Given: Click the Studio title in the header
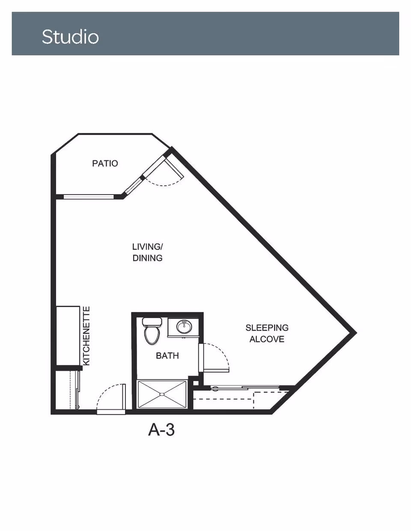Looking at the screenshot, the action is coord(70,37).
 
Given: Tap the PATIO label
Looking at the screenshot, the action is coord(105,163).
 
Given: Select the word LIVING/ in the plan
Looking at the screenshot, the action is coord(148,247).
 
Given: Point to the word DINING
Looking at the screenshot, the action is coord(148,258).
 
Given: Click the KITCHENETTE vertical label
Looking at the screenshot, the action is coord(86,336).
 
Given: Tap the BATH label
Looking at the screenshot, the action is coord(167,356).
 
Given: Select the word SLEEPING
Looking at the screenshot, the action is coord(267,327).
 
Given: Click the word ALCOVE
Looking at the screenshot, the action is coord(267,339).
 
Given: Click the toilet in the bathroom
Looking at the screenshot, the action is coord(152,331).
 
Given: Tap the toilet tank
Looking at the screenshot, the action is coord(152,322).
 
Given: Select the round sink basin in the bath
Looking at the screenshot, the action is coord(184,327).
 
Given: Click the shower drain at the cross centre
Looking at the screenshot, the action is coord(162,394).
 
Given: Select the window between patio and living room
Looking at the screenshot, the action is coord(89,197).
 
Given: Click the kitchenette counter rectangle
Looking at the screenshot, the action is coord(68,336).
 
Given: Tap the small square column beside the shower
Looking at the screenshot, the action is coord(196,383).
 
